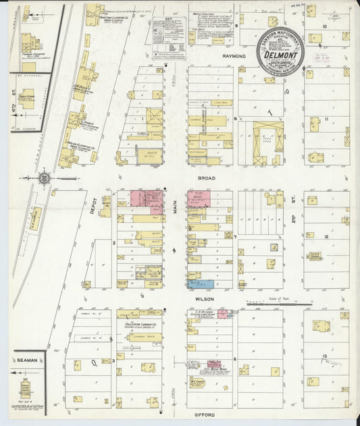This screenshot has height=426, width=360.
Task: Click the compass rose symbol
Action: tap(45, 178)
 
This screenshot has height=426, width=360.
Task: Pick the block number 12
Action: tap(326, 237)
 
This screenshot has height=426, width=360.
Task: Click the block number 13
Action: tap(326, 355)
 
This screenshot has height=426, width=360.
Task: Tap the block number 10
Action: tap(324, 26)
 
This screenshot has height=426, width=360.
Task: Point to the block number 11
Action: tap(326, 119)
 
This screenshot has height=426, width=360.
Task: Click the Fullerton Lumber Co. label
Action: tap(140, 325)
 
